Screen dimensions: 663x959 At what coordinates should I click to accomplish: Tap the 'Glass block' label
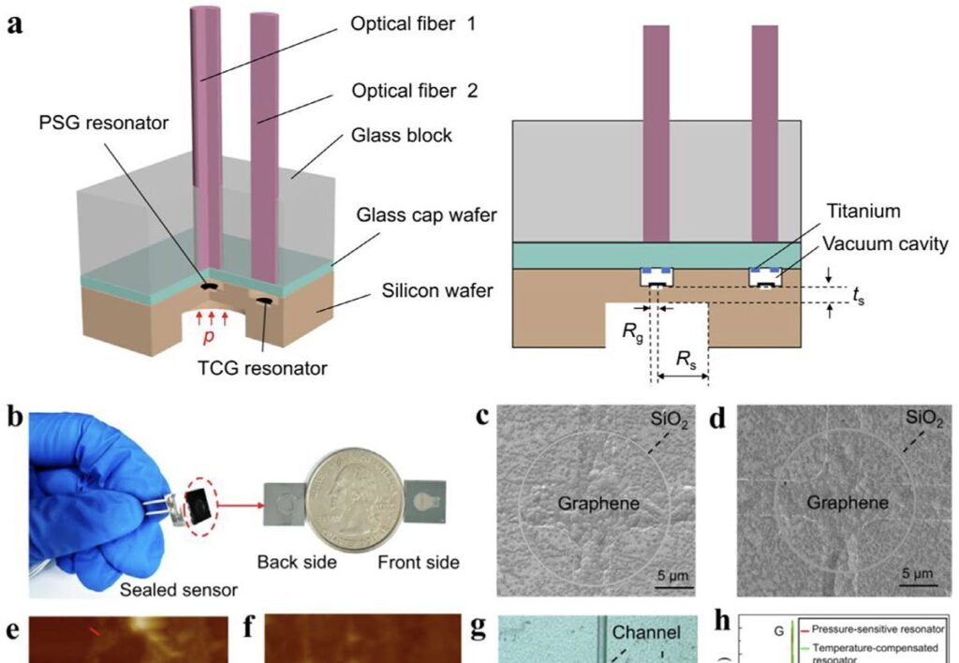click(x=403, y=136)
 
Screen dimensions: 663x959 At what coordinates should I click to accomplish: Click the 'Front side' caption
click(x=419, y=563)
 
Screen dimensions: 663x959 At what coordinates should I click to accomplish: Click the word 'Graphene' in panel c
click(x=599, y=504)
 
